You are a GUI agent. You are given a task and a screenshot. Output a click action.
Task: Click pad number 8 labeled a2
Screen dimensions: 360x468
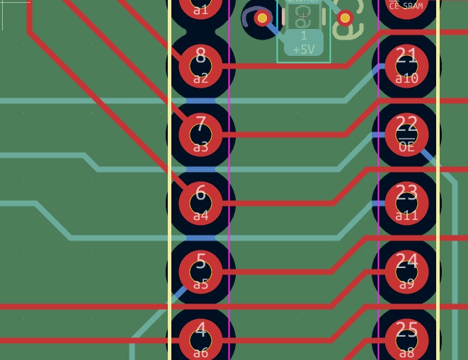200,66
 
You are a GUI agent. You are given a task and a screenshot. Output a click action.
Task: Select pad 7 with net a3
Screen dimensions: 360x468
200,134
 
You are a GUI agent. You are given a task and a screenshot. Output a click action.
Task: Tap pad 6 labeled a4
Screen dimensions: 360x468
200,203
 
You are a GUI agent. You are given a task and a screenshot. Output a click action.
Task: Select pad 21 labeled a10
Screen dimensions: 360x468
406,66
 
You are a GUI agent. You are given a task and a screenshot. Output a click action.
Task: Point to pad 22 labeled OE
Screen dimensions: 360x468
406,134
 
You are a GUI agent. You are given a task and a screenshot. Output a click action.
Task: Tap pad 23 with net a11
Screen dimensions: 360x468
406,203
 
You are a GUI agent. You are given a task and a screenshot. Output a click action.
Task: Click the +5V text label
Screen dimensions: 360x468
303,50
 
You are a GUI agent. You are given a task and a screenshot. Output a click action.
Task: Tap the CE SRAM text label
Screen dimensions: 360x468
406,6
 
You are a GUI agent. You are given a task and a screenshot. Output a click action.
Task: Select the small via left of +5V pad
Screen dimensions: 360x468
262,18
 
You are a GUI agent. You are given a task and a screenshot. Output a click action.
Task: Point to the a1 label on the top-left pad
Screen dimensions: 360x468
200,9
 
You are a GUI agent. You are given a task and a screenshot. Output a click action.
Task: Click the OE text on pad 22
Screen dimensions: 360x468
406,147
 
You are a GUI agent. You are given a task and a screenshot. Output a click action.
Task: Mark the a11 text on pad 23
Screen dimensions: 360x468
406,216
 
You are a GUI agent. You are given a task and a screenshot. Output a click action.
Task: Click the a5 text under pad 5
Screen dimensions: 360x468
200,284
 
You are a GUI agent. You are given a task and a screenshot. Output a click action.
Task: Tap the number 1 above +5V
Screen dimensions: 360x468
304,35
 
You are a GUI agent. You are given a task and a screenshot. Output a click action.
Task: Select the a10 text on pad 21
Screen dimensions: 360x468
406,79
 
